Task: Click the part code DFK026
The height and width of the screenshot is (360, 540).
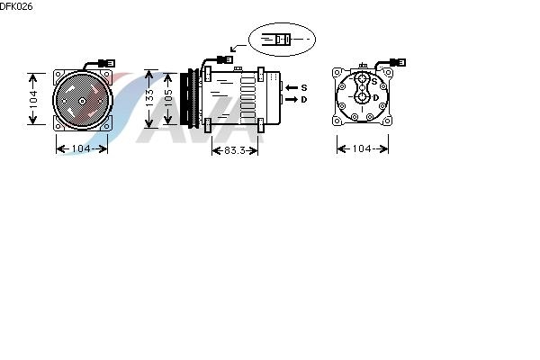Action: click(x=16, y=6)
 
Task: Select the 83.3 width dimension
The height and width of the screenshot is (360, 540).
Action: click(x=235, y=150)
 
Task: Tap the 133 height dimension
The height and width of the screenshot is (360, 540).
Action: click(x=149, y=98)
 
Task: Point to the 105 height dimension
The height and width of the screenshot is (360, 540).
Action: click(x=168, y=98)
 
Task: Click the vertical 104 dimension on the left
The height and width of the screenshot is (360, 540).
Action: click(x=33, y=99)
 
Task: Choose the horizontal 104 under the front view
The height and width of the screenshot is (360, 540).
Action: click(x=81, y=148)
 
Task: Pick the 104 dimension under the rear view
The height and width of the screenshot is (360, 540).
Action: click(x=362, y=148)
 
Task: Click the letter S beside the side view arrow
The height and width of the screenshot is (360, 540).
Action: click(x=304, y=88)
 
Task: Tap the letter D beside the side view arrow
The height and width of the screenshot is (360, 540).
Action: click(x=304, y=100)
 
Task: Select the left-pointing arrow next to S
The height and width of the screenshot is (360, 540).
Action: click(x=292, y=88)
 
